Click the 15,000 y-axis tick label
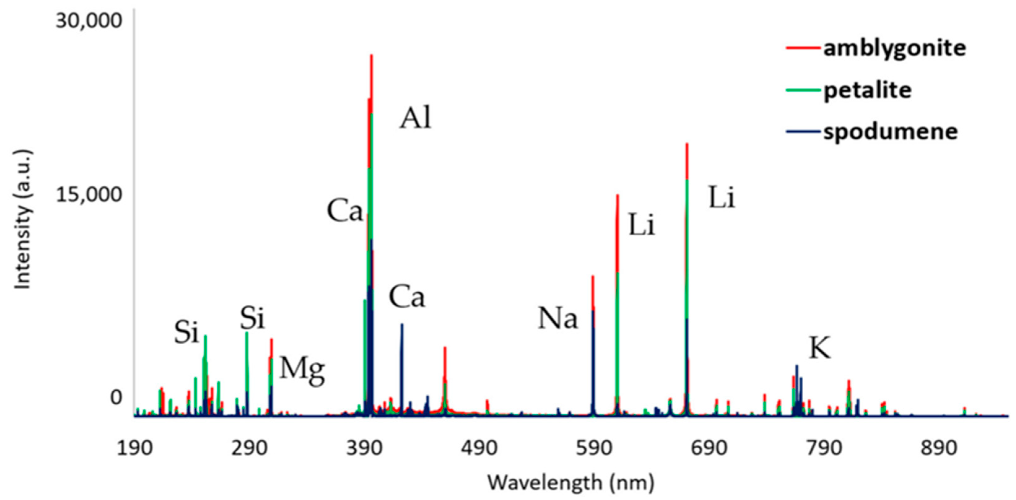coord(89,195)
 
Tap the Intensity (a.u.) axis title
coord(23,219)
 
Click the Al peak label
coord(416,118)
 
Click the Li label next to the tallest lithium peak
coord(722,198)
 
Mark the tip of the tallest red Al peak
coord(371,55)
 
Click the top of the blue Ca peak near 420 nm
coord(402,324)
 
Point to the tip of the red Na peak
coord(593,276)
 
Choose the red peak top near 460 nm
coord(445,347)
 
